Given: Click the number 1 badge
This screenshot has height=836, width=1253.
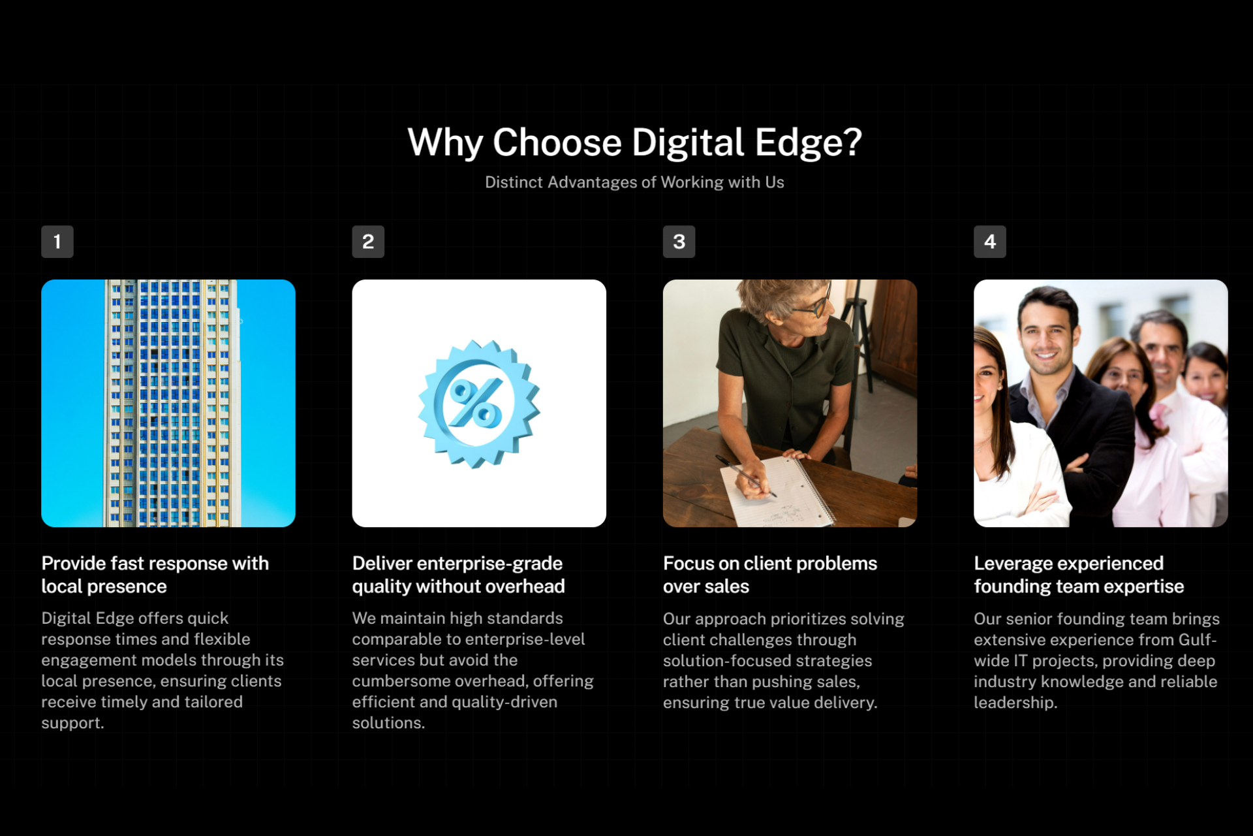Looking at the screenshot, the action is (57, 242).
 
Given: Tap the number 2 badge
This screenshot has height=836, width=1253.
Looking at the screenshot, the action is (368, 242).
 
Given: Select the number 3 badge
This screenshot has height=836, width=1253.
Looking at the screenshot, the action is (679, 242).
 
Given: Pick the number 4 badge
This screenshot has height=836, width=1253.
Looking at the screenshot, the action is (990, 242).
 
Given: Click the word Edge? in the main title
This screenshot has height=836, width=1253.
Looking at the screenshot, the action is (809, 143).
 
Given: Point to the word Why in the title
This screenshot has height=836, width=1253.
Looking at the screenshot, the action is (445, 143).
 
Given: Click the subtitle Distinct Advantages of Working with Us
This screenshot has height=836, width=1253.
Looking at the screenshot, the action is (634, 182).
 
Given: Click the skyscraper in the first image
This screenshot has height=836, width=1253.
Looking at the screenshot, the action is (171, 403).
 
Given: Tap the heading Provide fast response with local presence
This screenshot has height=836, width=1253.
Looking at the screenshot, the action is (155, 575).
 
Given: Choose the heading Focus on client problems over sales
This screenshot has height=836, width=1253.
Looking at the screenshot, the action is (770, 575).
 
